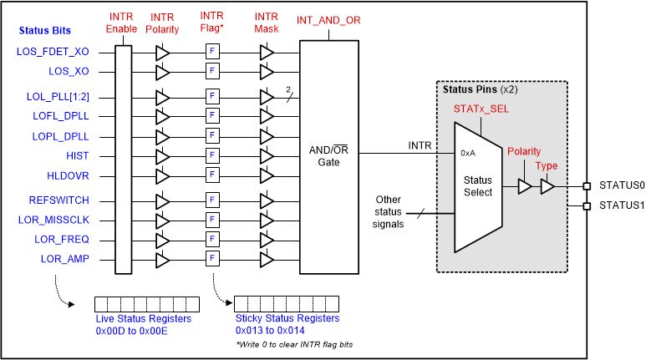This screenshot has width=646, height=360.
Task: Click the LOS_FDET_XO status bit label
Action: tap(53, 52)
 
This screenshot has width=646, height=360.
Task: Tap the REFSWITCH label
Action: tap(58, 200)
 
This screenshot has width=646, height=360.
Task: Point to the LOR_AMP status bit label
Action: tap(64, 259)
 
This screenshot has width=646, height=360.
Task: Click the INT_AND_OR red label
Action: tap(329, 20)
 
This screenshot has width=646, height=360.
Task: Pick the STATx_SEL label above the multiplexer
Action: tap(481, 109)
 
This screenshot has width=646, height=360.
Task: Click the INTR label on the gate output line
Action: tap(420, 146)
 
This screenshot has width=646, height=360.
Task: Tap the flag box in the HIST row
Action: tap(212, 156)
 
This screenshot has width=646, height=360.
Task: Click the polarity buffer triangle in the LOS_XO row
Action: tap(162, 72)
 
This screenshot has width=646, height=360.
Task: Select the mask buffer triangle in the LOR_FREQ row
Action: tap(267, 240)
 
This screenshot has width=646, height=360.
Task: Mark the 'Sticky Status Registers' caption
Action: tap(287, 318)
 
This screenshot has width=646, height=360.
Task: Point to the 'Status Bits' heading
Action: tap(46, 31)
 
